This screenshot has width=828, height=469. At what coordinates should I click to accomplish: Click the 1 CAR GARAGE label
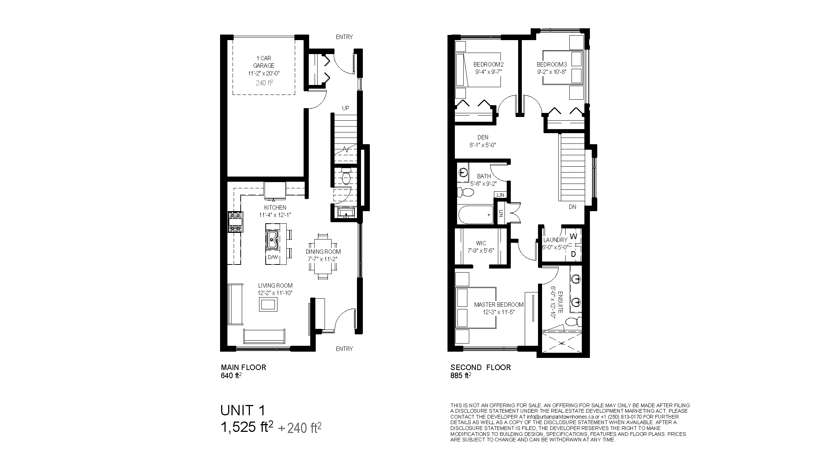[x=264, y=62]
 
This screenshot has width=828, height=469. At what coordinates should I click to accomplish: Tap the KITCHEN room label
[x=275, y=207]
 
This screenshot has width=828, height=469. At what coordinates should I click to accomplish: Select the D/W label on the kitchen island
[x=273, y=257]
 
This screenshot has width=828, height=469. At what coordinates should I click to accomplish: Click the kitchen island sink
[x=272, y=240]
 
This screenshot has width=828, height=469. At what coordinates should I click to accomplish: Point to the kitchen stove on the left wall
[x=235, y=222]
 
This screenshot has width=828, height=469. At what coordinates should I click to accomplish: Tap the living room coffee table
[x=269, y=305]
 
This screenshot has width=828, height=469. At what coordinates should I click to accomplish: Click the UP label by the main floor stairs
[x=346, y=108]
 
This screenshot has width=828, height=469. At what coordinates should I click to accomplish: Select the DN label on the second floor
[x=572, y=207]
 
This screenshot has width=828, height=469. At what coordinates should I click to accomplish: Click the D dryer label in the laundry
[x=573, y=254]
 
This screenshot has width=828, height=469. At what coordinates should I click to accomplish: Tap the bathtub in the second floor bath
[x=475, y=215]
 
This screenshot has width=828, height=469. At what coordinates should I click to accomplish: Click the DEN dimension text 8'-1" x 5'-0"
[x=483, y=145]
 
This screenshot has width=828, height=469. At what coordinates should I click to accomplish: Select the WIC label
[x=481, y=243]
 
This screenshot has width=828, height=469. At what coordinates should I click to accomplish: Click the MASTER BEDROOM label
[x=499, y=305]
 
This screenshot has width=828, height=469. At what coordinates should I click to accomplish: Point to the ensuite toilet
[x=572, y=322]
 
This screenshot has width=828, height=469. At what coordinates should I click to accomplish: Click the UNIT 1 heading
[x=243, y=410]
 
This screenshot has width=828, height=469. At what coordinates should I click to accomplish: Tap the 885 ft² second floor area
[x=461, y=376]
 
